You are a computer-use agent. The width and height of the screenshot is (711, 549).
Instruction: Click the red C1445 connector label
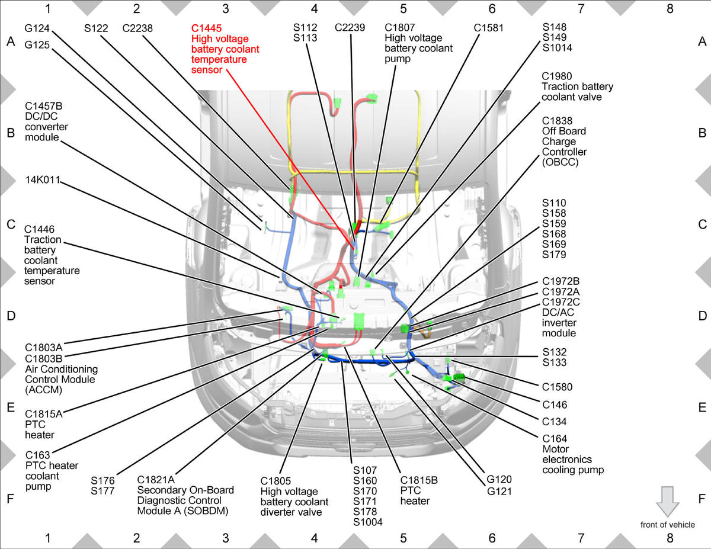pos(206,28)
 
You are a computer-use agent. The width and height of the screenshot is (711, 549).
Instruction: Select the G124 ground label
pos(37,28)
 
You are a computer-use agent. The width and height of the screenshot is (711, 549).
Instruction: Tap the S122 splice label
pos(96,28)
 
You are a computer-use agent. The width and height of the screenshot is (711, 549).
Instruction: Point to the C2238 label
pos(137,28)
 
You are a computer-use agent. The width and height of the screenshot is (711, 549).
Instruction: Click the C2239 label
pos(350,28)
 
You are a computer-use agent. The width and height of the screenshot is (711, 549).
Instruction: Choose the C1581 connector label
pos(488,28)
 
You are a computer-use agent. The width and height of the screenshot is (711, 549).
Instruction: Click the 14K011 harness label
pos(43,180)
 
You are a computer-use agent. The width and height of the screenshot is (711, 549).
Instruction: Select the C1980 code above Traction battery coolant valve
pos(557,76)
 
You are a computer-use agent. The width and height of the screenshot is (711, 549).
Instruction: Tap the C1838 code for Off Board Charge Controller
pos(557,121)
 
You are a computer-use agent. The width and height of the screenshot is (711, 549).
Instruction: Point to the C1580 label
pos(557,387)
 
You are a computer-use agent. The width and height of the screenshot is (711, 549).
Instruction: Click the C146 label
pos(555,405)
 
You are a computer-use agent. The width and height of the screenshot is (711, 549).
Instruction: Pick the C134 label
pos(554,422)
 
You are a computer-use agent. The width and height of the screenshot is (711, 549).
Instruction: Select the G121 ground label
pos(499,492)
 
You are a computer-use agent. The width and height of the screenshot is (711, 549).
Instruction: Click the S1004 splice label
pos(368,522)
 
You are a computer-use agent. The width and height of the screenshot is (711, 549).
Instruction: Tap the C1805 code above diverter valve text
pos(276,481)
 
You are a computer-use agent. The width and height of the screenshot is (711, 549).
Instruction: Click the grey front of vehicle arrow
pos(668,502)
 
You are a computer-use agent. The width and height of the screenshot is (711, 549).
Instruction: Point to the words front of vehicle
pos(668,525)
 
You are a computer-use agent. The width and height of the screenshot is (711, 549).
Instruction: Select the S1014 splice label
pos(557,48)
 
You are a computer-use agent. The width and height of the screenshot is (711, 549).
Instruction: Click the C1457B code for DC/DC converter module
pos(43,106)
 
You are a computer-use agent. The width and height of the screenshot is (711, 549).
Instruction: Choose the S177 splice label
pos(103,491)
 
